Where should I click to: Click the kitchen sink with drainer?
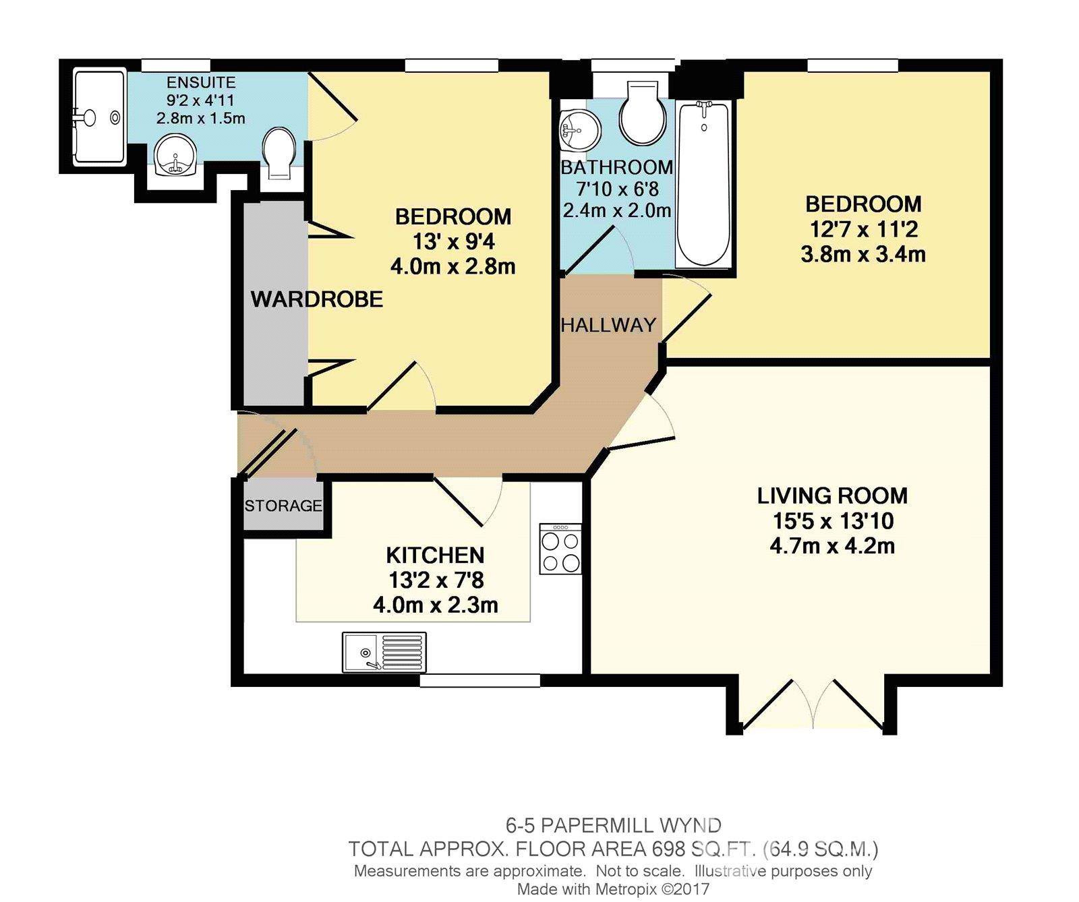(x=384, y=652)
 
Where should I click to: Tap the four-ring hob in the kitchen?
(x=560, y=549)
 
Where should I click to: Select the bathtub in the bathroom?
(x=703, y=183)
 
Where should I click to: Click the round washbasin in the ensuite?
(x=174, y=156)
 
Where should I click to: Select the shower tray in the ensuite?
(x=99, y=117)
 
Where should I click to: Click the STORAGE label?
(x=283, y=506)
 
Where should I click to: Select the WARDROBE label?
(x=317, y=299)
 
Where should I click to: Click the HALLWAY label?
(x=608, y=325)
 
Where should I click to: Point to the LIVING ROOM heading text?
(x=832, y=496)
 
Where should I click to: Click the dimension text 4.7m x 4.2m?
(x=832, y=546)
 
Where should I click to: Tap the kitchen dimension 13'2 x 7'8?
(x=436, y=580)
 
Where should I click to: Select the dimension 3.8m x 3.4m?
(x=863, y=255)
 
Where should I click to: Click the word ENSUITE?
(x=201, y=83)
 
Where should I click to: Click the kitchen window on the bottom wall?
(x=479, y=681)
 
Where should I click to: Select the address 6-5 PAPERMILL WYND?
(x=613, y=825)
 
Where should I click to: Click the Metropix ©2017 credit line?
(x=613, y=889)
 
